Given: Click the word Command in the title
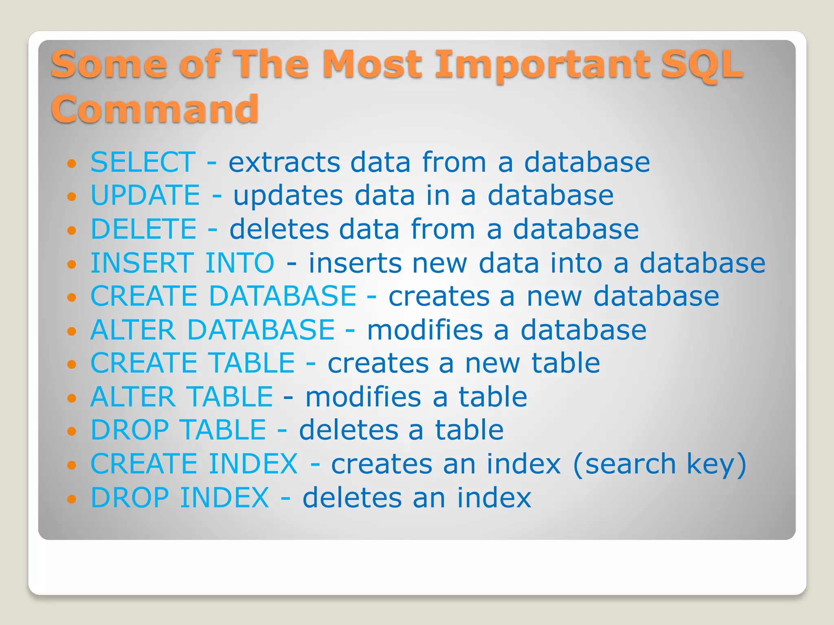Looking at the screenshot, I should (x=155, y=109).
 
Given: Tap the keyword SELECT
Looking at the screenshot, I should (x=143, y=162).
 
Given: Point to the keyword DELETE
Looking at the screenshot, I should (x=144, y=229).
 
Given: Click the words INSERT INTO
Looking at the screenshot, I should (x=182, y=262).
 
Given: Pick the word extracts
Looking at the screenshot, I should (x=284, y=162).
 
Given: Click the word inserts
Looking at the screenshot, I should (x=355, y=262).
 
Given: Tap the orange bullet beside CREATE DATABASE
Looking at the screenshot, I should (x=72, y=297).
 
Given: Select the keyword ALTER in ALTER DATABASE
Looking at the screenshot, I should (x=133, y=330).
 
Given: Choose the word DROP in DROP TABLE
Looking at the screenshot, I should (x=129, y=430).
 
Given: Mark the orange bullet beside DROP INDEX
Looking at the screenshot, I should (x=72, y=498).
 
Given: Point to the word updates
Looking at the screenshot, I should (x=288, y=196).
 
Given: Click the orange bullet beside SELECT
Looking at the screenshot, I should (x=72, y=164).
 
